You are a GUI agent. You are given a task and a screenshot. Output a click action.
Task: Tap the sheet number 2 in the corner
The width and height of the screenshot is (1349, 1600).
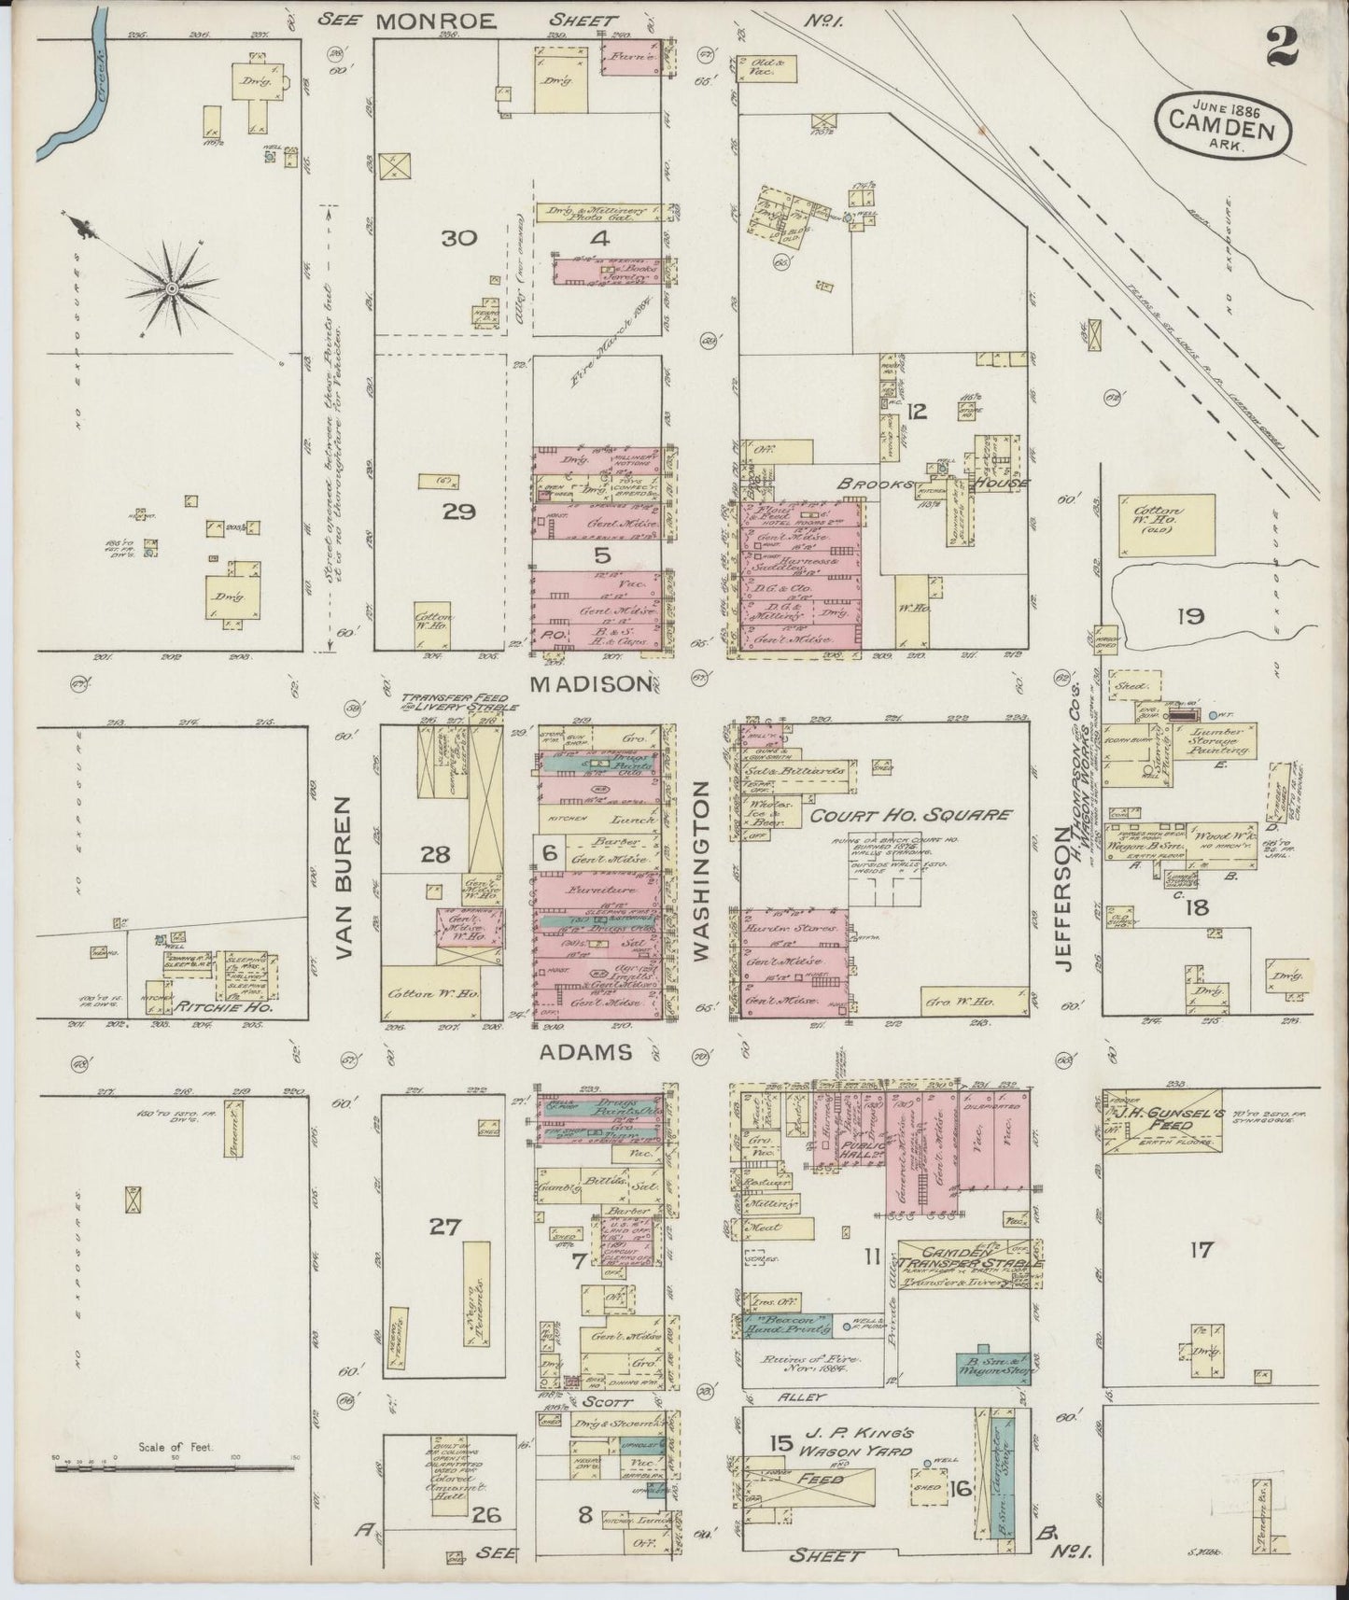click(1283, 47)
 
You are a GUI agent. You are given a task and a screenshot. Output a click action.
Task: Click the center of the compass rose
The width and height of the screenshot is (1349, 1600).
click(172, 290)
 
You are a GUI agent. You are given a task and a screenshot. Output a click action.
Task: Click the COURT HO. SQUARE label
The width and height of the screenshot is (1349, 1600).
click(910, 814)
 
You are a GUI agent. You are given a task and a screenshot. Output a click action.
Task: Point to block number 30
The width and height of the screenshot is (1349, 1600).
click(459, 238)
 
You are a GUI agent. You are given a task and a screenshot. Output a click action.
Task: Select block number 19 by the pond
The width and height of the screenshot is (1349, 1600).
click(1190, 615)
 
